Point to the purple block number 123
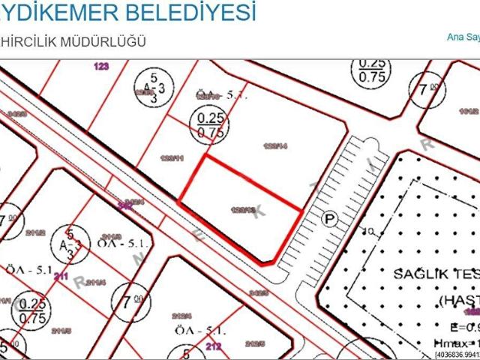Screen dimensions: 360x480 coord(101,67)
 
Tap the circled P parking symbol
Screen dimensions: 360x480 coord(327,218)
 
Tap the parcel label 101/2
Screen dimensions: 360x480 coord(469,109)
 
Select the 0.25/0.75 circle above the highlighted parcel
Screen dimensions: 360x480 coord(211,124)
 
